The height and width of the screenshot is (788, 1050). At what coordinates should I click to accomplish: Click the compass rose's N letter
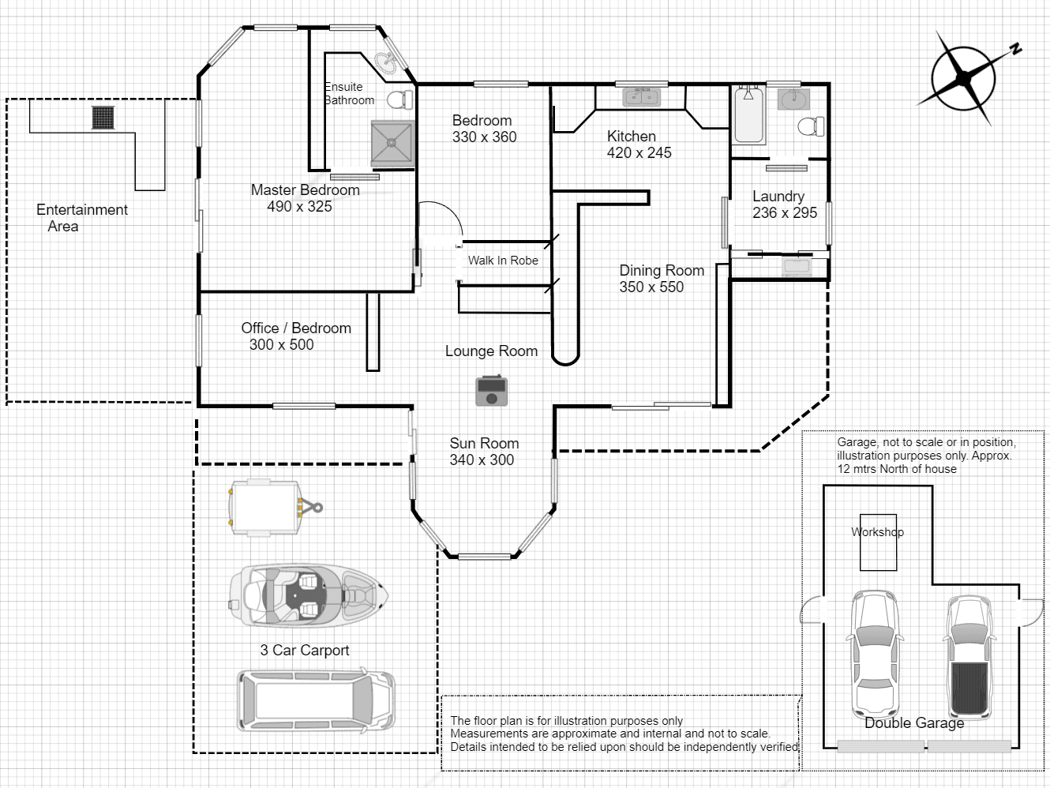pos(1015,48)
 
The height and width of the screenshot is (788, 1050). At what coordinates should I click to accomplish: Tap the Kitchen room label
pos(632,137)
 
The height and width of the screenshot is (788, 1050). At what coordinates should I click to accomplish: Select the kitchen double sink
pos(642,97)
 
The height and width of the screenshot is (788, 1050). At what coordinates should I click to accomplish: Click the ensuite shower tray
pos(392,143)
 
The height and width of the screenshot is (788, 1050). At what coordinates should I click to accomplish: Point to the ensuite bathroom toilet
pos(400,100)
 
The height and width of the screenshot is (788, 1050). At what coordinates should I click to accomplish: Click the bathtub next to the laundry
pos(749,114)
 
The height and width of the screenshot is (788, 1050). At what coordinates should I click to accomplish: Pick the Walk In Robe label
pos(503,261)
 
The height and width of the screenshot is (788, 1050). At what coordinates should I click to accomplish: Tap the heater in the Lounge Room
pos(491,390)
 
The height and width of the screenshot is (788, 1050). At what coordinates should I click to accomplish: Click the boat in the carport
pos(309,595)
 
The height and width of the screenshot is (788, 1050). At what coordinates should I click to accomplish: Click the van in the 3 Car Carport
pos(317,701)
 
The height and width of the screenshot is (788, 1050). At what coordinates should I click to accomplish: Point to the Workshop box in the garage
pos(878,542)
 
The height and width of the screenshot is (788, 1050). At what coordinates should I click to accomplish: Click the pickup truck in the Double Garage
pos(969,657)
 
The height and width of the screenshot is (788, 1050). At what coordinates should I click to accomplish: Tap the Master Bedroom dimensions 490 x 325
pos(299,207)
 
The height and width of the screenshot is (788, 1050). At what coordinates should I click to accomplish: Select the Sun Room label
pos(484,443)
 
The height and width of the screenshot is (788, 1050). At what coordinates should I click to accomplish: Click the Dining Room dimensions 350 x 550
pos(651,287)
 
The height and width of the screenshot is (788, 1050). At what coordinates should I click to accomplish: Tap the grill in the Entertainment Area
pos(103,118)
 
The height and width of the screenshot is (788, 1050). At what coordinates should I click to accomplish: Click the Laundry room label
pos(778,196)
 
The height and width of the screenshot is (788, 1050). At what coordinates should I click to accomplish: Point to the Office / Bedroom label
pos(296,328)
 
